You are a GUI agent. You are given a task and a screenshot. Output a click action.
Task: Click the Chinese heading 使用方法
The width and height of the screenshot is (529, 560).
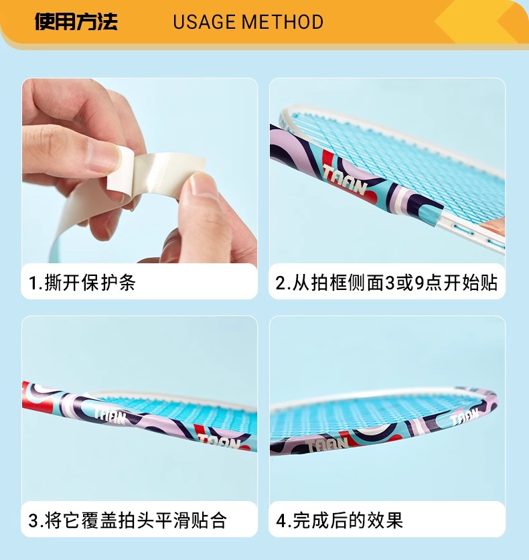tap(76, 21)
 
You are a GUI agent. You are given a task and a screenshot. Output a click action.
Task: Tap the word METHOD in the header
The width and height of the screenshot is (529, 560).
tap(283, 22)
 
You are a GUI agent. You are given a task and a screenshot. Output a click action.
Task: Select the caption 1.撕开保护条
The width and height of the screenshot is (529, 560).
tap(82, 283)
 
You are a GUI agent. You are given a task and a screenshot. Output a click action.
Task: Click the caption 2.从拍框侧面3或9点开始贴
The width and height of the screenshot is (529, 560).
tap(386, 283)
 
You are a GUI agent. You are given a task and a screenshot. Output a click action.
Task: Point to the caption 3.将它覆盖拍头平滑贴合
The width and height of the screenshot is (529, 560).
tap(127, 520)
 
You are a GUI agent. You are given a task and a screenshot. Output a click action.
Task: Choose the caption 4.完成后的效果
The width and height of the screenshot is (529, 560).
tap(339, 520)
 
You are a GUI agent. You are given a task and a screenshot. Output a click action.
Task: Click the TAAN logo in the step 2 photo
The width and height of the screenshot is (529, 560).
tap(344, 180)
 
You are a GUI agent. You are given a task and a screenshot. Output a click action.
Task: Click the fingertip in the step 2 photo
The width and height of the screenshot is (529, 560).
tap(493, 226)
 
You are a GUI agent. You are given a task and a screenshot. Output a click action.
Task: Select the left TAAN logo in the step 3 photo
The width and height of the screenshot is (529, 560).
tap(110, 416)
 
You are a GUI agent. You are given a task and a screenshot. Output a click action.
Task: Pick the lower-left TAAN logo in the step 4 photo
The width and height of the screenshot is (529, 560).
tap(327, 445)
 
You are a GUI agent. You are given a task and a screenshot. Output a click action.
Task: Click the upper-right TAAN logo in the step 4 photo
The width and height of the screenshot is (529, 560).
tap(464, 417)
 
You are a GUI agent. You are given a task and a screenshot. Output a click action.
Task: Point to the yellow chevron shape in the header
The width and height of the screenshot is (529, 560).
tap(475, 21)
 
